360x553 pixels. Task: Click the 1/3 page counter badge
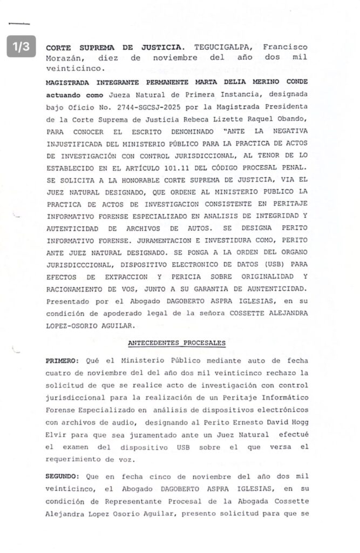(21, 47)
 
